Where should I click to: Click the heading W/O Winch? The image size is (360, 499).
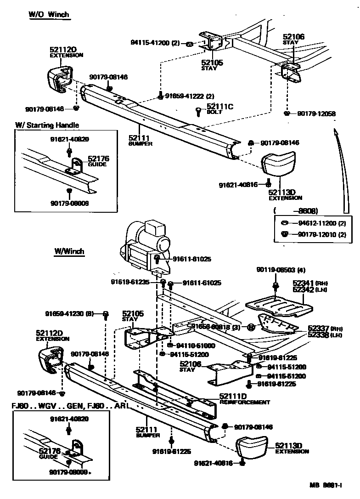pos(49,14)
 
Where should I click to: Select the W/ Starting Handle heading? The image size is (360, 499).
pos(47,125)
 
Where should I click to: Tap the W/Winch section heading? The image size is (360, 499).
pos(69,251)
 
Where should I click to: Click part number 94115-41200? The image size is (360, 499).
pos(150,44)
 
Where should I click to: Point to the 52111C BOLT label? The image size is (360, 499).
pos(220,109)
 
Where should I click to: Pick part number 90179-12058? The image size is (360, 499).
pos(316,113)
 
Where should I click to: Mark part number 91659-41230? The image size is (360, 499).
pos(69,314)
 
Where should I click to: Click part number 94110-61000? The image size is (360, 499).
pos(192,345)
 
